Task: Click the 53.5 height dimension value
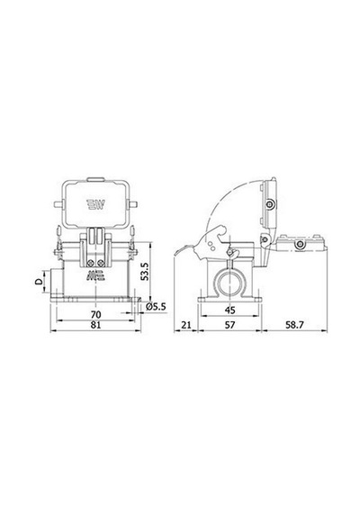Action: point(145,271)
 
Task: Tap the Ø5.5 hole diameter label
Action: point(156,307)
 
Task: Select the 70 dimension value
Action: point(95,315)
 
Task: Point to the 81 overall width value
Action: point(95,325)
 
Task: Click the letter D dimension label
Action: point(39,281)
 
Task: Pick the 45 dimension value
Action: point(230,310)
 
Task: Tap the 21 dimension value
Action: point(186,325)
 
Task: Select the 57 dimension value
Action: point(230,325)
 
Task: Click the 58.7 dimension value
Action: point(294,325)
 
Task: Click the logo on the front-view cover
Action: point(95,205)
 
